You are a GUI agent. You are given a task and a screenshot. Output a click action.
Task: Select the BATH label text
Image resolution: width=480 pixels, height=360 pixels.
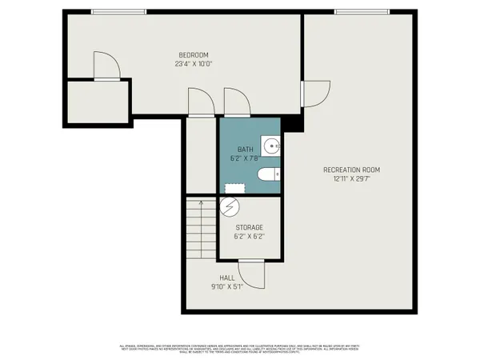coord(244,150)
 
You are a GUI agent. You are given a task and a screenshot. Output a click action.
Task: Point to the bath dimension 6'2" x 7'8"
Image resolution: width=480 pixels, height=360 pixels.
coord(244,158)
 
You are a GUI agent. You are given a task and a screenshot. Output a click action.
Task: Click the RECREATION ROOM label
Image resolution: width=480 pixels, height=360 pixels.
coord(350,170)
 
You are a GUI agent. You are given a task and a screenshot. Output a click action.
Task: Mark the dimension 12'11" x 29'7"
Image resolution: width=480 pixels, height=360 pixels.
coord(350,178)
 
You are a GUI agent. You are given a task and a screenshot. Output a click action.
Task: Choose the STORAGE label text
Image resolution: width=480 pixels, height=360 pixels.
coord(249,228)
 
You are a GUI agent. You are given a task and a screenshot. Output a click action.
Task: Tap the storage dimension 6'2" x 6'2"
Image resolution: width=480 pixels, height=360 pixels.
coord(249,237)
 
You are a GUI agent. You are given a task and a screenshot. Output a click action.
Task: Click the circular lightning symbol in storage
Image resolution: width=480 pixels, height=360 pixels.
coord(230,206)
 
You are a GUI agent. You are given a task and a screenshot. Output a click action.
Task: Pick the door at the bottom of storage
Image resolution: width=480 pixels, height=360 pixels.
coord(252,274)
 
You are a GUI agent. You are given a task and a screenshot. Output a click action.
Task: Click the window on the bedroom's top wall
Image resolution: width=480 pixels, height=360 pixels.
coord(118,11)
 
